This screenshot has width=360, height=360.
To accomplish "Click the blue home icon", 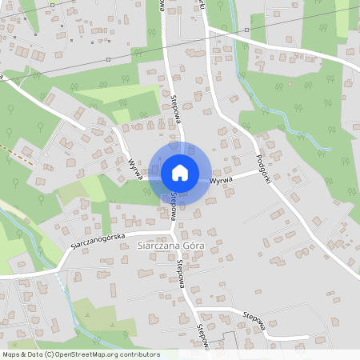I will pyautogui.click(x=179, y=172).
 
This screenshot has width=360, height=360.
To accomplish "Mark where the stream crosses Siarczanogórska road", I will pyautogui.click(x=58, y=269).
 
